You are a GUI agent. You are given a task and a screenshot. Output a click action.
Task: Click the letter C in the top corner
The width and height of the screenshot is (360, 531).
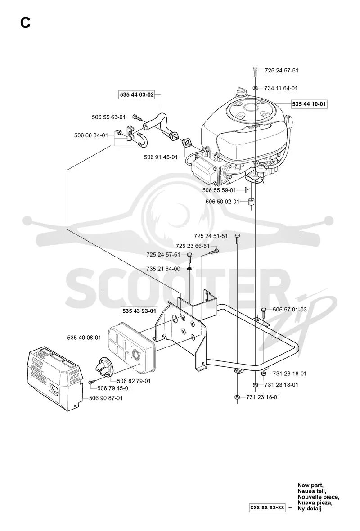click(25, 23)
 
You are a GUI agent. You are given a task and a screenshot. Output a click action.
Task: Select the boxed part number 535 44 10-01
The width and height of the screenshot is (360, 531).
click(309, 104)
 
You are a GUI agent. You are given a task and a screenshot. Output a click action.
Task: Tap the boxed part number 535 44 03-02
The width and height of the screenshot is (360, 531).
click(137, 95)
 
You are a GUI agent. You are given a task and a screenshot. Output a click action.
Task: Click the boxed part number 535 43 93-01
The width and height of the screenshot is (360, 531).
click(139, 311)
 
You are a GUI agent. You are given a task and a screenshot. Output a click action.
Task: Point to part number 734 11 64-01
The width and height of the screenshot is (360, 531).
click(281, 88)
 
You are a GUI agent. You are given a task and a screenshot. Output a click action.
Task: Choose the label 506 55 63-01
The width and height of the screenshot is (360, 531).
click(109, 117)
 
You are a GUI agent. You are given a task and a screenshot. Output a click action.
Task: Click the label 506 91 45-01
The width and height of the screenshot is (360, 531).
click(161, 157)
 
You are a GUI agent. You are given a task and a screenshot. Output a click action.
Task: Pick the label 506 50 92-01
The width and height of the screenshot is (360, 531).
click(222, 202)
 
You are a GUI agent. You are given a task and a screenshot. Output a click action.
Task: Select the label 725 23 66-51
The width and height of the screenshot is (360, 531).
click(192, 246)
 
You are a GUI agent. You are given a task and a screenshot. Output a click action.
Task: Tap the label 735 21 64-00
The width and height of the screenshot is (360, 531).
click(163, 269)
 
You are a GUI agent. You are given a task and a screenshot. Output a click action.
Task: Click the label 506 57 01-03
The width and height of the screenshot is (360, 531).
click(289, 309)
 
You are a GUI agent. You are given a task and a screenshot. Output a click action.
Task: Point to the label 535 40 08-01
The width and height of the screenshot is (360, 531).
click(84, 337)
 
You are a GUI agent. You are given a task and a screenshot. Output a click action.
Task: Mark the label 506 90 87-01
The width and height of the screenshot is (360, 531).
click(106, 398)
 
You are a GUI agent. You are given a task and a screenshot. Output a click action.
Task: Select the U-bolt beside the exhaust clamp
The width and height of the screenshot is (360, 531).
click(142, 140)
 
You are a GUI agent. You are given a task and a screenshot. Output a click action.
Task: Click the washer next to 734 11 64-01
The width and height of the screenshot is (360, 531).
click(256, 88)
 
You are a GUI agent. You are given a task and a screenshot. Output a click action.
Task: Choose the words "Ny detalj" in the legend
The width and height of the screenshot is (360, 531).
click(310, 508)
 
